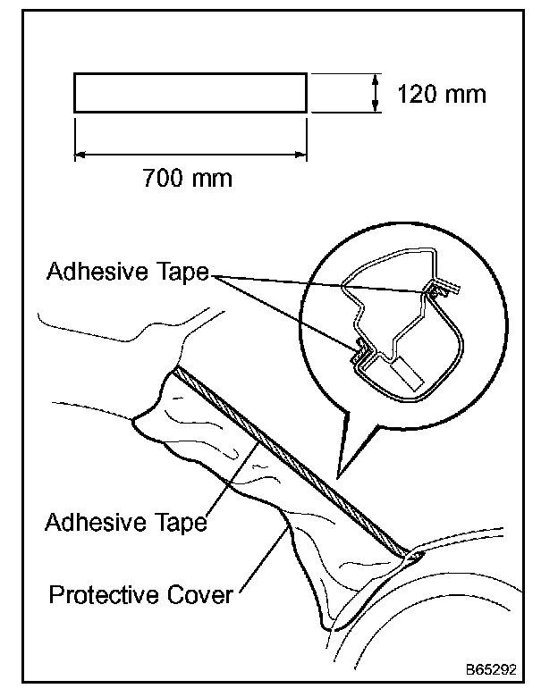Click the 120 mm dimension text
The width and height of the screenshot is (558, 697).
click(x=441, y=94)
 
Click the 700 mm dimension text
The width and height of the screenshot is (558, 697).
click(x=187, y=178)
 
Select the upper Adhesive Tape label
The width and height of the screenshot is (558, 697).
click(x=126, y=272)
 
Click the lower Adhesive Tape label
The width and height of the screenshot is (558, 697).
click(x=126, y=521)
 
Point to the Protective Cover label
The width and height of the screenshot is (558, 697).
click(x=140, y=593)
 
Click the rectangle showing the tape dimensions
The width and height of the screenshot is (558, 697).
click(x=190, y=94)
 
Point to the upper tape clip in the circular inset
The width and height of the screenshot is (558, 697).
click(x=438, y=289)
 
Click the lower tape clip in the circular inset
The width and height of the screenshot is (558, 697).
click(x=360, y=351)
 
